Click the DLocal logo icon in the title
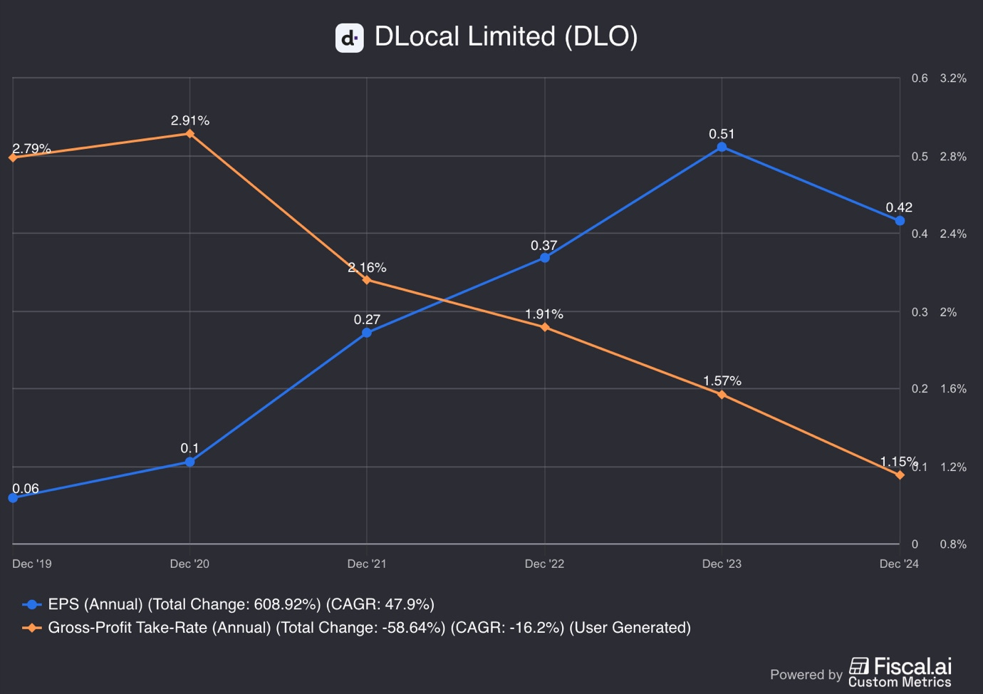349,38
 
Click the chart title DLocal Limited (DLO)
506,37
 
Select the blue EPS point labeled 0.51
722,147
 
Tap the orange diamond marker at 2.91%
189,133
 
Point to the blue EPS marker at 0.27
367,333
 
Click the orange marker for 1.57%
722,394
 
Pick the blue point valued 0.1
189,462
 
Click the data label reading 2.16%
367,268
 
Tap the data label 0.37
543,246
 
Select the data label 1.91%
544,314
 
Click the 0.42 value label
898,207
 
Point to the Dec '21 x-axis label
367,564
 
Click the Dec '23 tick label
722,564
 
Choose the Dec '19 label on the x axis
32,564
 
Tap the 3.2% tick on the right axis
953,78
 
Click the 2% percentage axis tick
948,312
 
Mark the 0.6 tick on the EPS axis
920,78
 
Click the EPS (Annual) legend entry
228,604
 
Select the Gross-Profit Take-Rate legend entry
356,628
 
